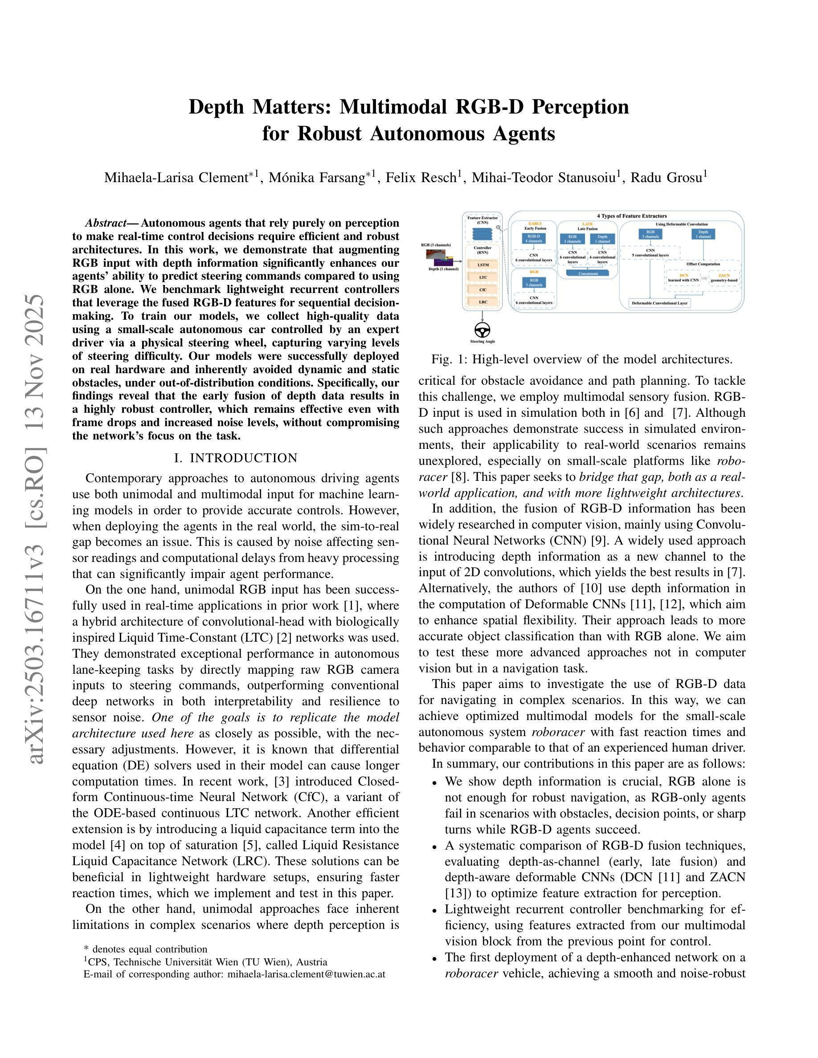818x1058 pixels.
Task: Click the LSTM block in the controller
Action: [483, 265]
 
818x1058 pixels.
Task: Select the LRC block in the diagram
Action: [483, 301]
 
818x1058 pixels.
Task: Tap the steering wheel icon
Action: [482, 330]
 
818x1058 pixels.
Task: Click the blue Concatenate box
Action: [588, 273]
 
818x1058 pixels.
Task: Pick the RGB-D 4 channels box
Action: [534, 238]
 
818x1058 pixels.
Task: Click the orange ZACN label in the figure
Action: [724, 275]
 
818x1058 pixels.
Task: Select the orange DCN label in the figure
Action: [684, 275]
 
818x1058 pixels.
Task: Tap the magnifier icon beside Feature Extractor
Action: [498, 227]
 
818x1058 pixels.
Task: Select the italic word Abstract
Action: [105, 224]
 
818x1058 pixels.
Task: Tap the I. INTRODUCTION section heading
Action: [236, 458]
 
